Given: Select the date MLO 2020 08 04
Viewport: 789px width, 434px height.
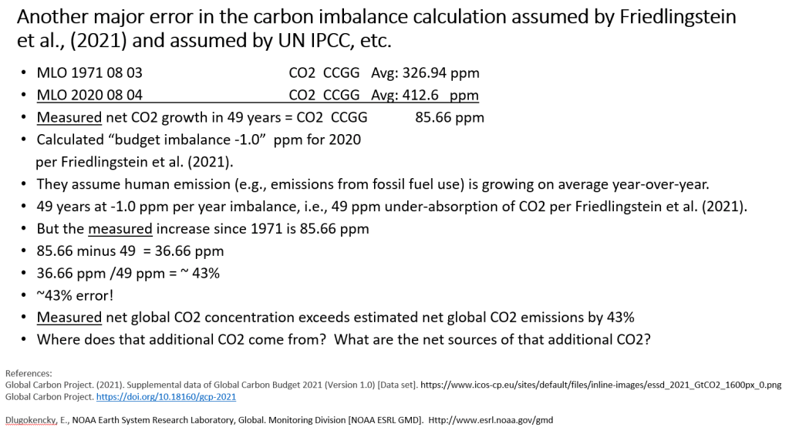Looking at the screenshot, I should (x=89, y=96).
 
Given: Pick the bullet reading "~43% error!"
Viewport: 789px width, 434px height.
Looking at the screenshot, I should (x=75, y=295).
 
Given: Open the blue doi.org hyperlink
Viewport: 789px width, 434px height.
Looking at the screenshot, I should (x=166, y=396).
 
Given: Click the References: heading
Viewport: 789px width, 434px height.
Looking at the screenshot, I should (x=29, y=373).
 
